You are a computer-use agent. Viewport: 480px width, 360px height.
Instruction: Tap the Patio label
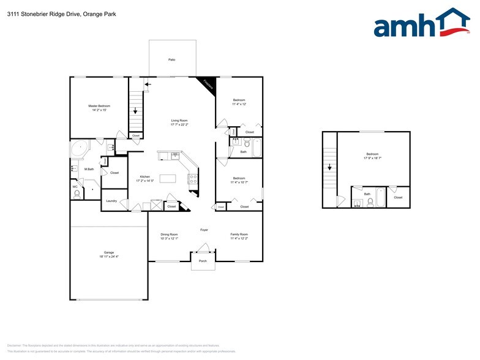tap(172, 59)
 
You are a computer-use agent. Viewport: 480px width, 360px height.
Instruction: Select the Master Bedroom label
tap(100, 108)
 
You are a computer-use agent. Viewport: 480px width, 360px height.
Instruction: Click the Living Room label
tap(179, 122)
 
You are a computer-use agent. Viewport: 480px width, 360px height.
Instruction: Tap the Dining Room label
tap(169, 236)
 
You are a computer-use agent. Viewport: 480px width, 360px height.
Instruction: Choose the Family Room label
tap(239, 236)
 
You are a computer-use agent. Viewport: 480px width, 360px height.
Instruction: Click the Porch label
tap(203, 261)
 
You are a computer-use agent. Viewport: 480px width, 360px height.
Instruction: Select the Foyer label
tap(204, 230)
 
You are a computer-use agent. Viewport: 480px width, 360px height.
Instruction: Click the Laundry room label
tap(111, 201)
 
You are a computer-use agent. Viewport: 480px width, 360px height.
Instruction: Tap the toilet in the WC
tap(77, 194)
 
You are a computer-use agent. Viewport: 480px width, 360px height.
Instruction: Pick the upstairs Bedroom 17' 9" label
tap(372, 156)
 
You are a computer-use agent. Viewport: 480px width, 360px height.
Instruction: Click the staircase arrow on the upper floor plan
tap(329, 166)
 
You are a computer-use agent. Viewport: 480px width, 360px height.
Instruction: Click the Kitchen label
tap(144, 179)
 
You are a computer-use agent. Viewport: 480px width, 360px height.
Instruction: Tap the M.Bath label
tap(89, 169)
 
